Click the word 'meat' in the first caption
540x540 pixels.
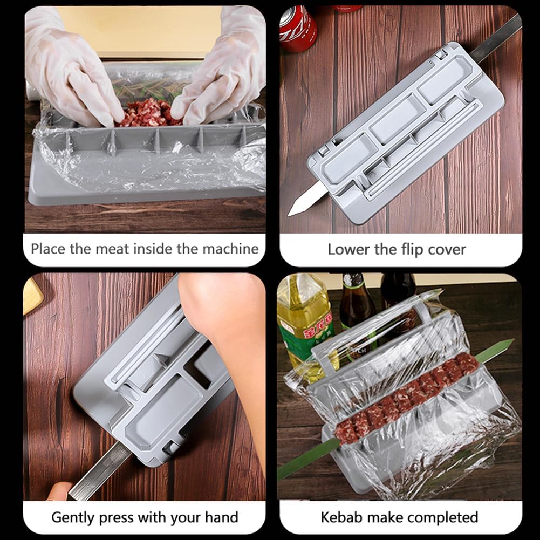click(111, 249)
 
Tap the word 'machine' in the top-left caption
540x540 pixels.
click(230, 249)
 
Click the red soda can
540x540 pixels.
click(297, 30)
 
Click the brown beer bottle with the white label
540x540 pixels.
click(356, 307)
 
